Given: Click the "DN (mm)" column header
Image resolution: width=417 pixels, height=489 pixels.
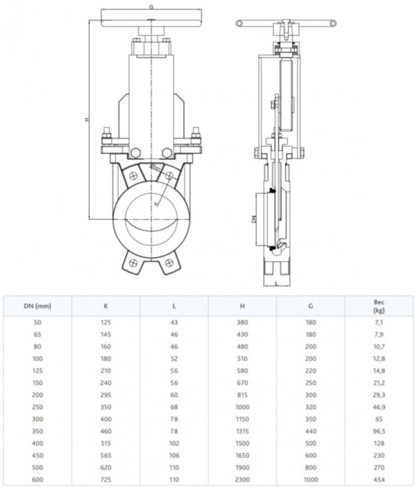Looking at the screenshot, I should click(36, 306).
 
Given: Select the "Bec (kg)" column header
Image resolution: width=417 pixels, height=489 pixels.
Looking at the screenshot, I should click(378, 306).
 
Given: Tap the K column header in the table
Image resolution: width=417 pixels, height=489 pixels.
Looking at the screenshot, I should click(105, 306).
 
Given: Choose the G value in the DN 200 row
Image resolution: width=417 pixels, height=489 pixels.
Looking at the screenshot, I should click(310, 395).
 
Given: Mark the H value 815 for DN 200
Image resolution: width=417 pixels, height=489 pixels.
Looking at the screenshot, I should click(241, 395).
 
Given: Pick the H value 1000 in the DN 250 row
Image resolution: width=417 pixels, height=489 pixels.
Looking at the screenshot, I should click(241, 407).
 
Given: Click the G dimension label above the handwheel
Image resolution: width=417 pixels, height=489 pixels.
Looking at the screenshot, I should click(151, 6).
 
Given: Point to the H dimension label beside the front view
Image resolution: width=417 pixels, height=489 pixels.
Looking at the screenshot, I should click(87, 119).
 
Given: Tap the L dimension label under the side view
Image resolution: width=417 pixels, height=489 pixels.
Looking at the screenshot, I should click(276, 284).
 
